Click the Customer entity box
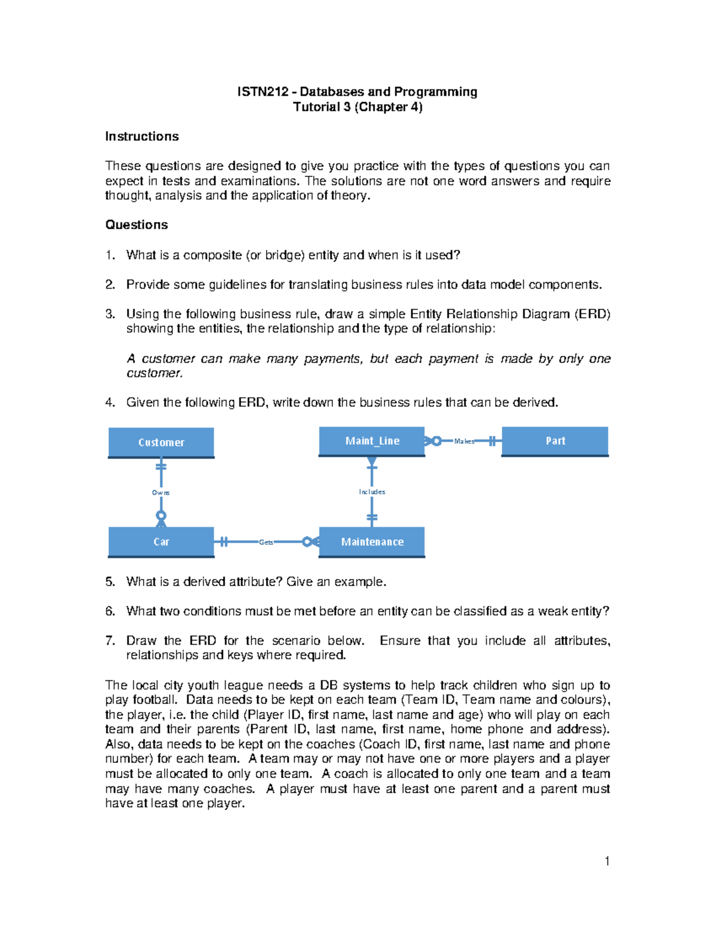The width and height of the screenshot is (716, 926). click(161, 442)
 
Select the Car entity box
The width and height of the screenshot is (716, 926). click(161, 542)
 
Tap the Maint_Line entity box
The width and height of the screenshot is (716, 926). click(372, 441)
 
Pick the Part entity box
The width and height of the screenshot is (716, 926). click(555, 441)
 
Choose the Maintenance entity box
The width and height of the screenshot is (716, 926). click(372, 542)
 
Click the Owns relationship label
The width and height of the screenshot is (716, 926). click(161, 493)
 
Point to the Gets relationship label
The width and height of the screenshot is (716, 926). click(266, 542)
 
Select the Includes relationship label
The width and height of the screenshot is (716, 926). click(372, 492)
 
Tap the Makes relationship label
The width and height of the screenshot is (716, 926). click(464, 441)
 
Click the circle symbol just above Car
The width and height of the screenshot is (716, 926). click(161, 515)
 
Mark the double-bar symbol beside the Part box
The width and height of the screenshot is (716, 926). click(492, 441)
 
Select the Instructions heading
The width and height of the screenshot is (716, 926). click(142, 137)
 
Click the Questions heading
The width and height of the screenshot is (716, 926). click(137, 225)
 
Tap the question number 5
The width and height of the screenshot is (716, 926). click(109, 582)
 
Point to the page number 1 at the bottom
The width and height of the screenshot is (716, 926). click(607, 861)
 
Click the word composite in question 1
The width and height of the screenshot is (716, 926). click(212, 255)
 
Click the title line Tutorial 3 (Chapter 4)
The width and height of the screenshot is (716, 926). click(357, 107)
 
